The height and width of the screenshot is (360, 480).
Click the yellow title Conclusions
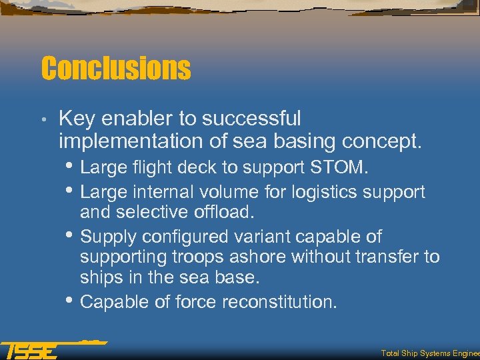pyautogui.click(x=115, y=69)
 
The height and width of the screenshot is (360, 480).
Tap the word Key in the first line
pyautogui.click(x=75, y=119)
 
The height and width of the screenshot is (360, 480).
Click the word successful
pyautogui.click(x=251, y=119)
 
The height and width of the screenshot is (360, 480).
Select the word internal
pyautogui.click(x=162, y=193)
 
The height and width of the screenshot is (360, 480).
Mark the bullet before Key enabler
pyautogui.click(x=43, y=121)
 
